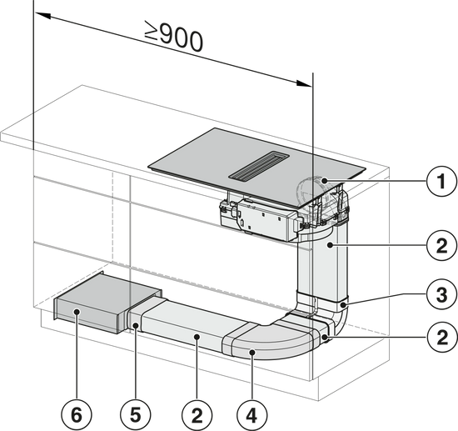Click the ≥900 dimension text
pyautogui.click(x=174, y=37)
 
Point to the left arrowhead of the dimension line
pyautogui.click(x=43, y=16)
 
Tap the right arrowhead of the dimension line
pyautogui.click(x=304, y=83)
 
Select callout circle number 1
pyautogui.click(x=441, y=181)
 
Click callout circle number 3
pyautogui.click(x=441, y=293)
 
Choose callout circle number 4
pyautogui.click(x=251, y=415)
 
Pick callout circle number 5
pyautogui.click(x=136, y=415)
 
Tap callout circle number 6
pyautogui.click(x=77, y=415)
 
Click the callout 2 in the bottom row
pyautogui.click(x=197, y=415)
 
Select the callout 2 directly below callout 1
pyautogui.click(x=441, y=246)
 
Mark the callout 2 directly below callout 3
pyautogui.click(x=441, y=337)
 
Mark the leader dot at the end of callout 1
pyautogui.click(x=324, y=181)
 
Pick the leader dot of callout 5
pyautogui.click(x=136, y=325)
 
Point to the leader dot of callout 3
pyautogui.click(x=345, y=305)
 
